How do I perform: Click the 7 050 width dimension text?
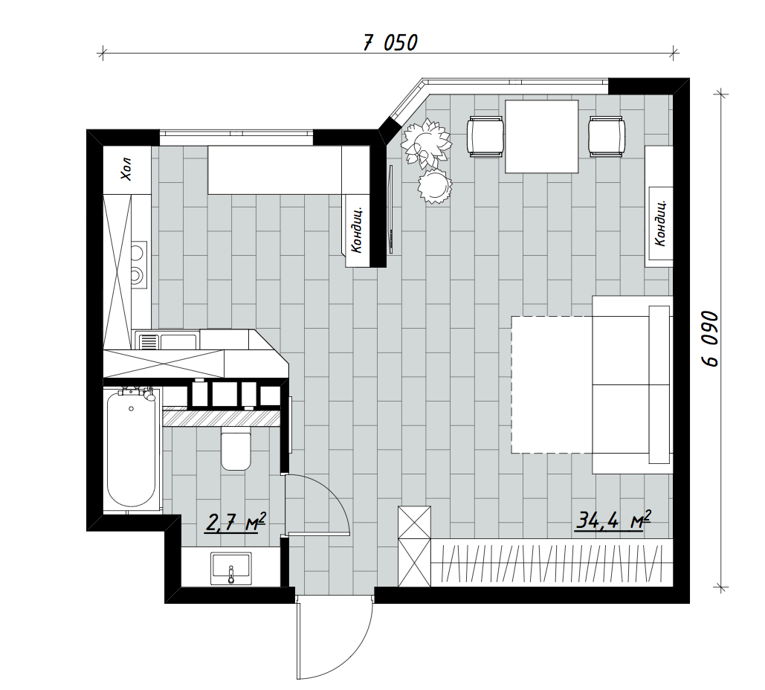pyautogui.click(x=390, y=42)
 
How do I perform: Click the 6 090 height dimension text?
pyautogui.click(x=710, y=338)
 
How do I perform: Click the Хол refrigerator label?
pyautogui.click(x=126, y=169)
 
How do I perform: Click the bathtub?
pyautogui.click(x=132, y=450)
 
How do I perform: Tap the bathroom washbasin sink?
pyautogui.click(x=231, y=568)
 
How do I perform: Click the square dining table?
pyautogui.click(x=541, y=137)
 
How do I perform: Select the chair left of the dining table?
pyautogui.click(x=485, y=136)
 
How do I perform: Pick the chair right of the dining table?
pyautogui.click(x=607, y=136)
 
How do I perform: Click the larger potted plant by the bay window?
pyautogui.click(x=425, y=141)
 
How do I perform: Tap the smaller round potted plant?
pyautogui.click(x=435, y=185)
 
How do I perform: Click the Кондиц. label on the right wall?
pyautogui.click(x=659, y=222)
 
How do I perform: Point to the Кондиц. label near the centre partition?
pyautogui.click(x=357, y=229)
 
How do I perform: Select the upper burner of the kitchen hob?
pyautogui.click(x=137, y=252)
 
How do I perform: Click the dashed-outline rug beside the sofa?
pyautogui.click(x=552, y=384)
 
